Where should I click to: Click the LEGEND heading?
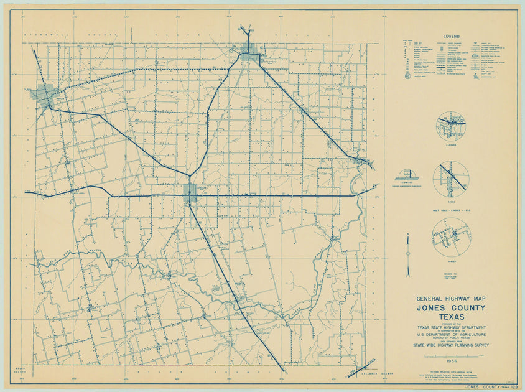point(452,36)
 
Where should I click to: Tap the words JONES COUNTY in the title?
point(452,308)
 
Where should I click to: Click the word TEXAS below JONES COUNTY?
point(452,317)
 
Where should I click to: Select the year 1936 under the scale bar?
point(452,360)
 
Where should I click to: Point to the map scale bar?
point(452,355)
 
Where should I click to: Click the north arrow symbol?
point(408,255)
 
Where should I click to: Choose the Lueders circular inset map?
point(451,126)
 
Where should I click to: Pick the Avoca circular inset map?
point(451,179)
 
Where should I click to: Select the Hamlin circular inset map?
point(451,237)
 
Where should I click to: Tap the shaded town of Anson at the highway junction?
point(190,192)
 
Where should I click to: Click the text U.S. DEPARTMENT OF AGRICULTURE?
point(452,335)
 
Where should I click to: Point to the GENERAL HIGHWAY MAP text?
point(452,299)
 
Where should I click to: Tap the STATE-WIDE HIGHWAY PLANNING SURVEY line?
point(452,345)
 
